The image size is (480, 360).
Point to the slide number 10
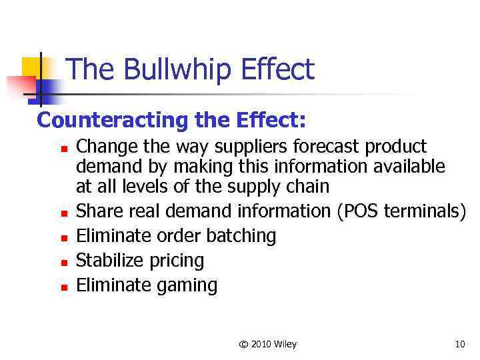tap(459, 345)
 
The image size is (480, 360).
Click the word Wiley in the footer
tap(285, 345)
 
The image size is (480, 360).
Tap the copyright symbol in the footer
tap(243, 345)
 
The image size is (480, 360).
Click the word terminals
tap(422, 211)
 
